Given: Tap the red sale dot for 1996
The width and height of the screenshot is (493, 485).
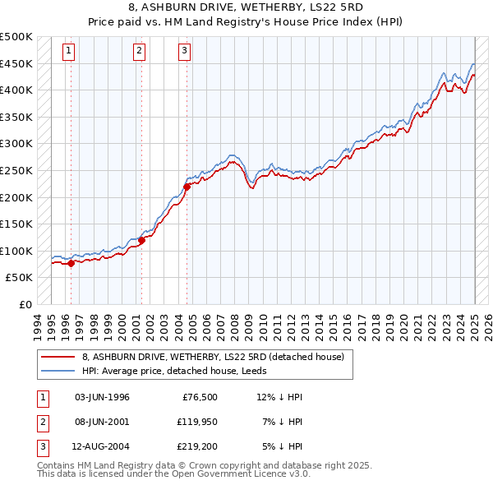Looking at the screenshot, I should [x=71, y=264].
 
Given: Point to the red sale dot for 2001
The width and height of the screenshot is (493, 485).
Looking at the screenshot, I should [x=141, y=240].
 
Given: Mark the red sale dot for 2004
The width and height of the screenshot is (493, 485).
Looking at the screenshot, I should [x=187, y=187].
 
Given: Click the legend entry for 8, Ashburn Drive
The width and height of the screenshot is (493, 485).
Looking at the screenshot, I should [x=217, y=357].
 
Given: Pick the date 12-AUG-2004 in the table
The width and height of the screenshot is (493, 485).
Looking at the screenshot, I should [x=102, y=446].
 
